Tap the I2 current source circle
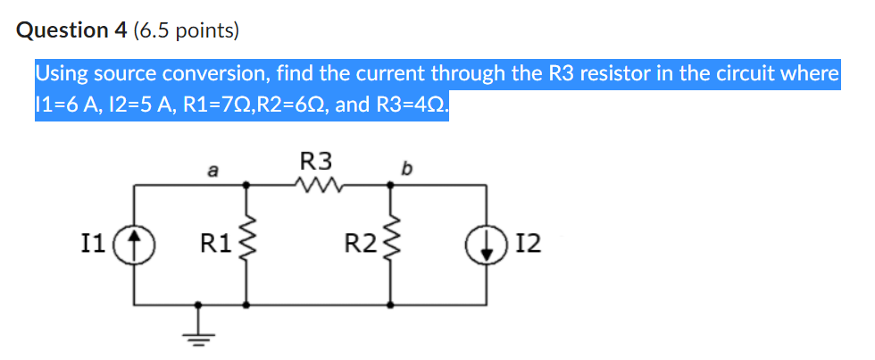pos(487,244)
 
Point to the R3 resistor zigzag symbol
pos(318,186)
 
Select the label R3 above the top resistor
pos(316,161)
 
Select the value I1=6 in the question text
pos(63,105)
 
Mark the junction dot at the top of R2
pos(390,185)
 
